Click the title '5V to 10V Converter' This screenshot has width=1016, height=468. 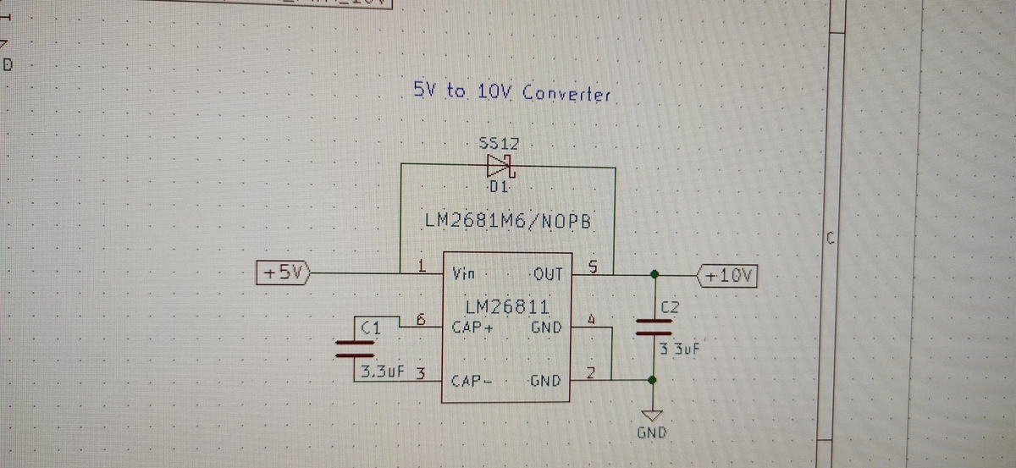click(511, 92)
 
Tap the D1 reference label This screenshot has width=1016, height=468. click(498, 186)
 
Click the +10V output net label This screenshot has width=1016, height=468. click(728, 275)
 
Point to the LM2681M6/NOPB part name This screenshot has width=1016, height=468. click(512, 223)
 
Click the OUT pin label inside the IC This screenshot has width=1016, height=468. click(548, 274)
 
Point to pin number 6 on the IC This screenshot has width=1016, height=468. click(421, 319)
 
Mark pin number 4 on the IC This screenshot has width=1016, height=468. click(593, 320)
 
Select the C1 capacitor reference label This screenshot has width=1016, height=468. click(371, 326)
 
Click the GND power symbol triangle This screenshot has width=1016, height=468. click(651, 416)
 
